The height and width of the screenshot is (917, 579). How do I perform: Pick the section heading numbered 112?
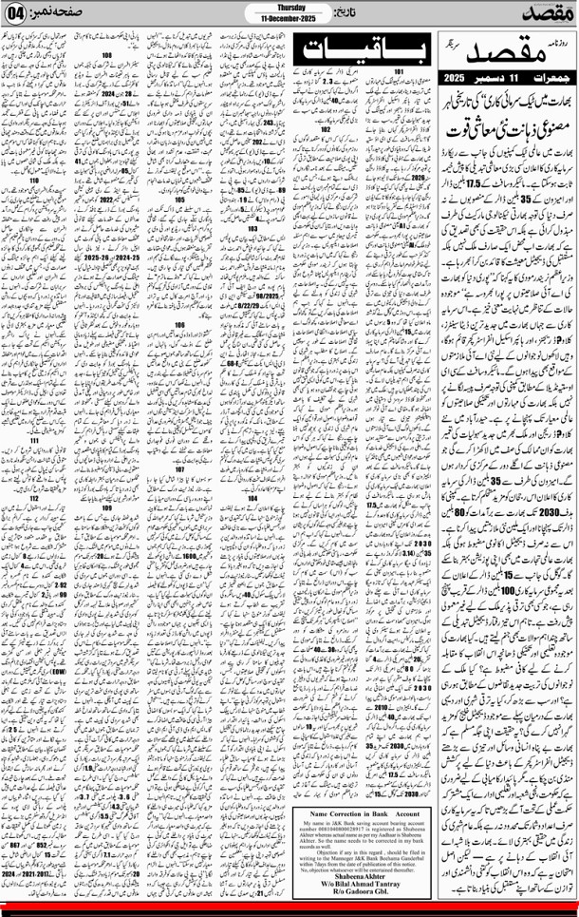point(34,498)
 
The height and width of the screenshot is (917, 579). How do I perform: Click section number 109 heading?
point(107,507)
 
